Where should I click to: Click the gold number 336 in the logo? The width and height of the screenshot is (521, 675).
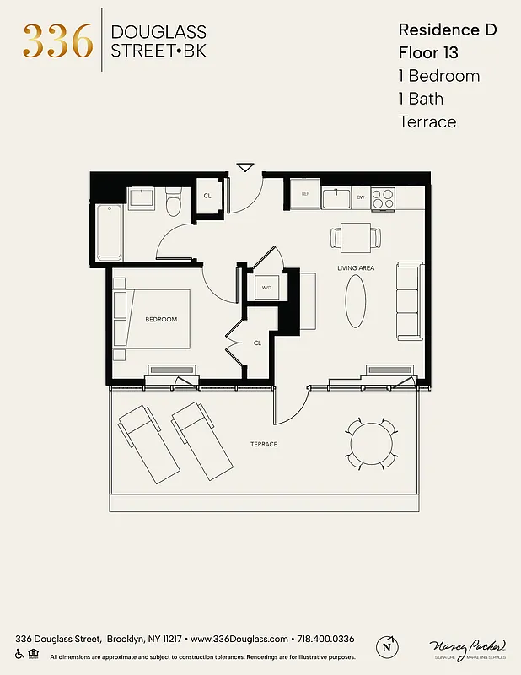pyautogui.click(x=57, y=41)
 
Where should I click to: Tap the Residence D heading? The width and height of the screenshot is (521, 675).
pyautogui.click(x=447, y=30)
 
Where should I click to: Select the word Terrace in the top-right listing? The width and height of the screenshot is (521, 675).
pyautogui.click(x=427, y=121)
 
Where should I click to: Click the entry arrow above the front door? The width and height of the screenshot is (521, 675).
pyautogui.click(x=244, y=167)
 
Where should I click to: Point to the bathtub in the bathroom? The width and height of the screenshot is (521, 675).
pyautogui.click(x=110, y=232)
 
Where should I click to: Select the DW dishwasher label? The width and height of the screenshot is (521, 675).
pyautogui.click(x=361, y=197)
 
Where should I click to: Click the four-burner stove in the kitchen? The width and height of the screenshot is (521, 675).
pyautogui.click(x=384, y=198)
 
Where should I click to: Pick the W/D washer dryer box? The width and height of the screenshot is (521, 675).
pyautogui.click(x=266, y=288)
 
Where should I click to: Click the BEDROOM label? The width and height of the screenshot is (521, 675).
pyautogui.click(x=161, y=320)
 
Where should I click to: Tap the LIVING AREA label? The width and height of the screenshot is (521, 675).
pyautogui.click(x=356, y=268)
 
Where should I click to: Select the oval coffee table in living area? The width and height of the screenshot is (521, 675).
pyautogui.click(x=357, y=303)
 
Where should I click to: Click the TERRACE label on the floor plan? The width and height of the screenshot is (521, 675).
pyautogui.click(x=263, y=444)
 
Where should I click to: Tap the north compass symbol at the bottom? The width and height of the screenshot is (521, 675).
pyautogui.click(x=387, y=645)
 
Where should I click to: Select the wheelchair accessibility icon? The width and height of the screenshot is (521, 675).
pyautogui.click(x=19, y=654)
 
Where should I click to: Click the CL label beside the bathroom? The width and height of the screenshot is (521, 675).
pyautogui.click(x=207, y=196)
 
